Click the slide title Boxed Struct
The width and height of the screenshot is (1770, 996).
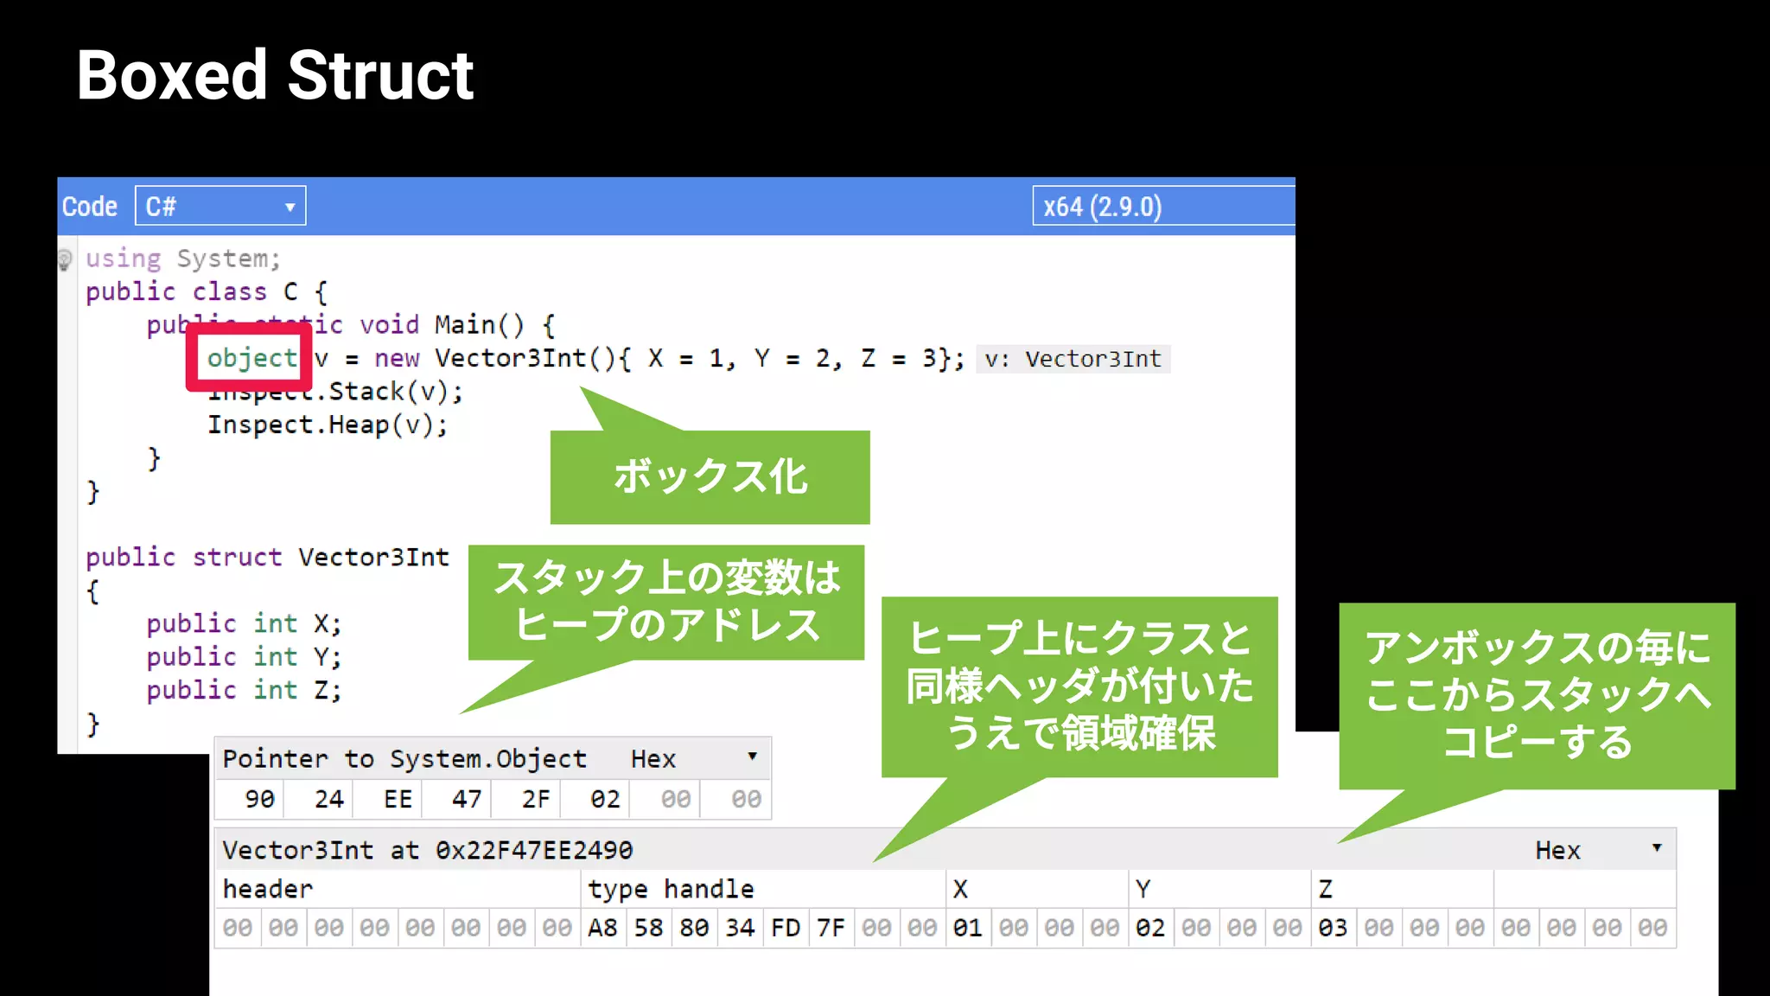click(x=275, y=76)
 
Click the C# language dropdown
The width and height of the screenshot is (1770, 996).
click(x=220, y=207)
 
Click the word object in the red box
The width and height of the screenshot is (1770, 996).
click(x=251, y=358)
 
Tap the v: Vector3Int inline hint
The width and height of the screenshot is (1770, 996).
click(x=1073, y=359)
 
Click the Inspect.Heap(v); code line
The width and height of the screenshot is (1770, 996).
click(x=328, y=425)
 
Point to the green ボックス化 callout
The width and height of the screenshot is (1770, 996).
click(x=710, y=476)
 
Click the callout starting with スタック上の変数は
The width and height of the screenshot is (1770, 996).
click(x=666, y=602)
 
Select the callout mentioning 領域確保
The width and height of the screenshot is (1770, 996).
click(x=1079, y=686)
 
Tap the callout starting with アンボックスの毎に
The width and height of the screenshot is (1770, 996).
click(x=1537, y=695)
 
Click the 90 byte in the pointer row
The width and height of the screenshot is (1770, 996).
click(x=259, y=799)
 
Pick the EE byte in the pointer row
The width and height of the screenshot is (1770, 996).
click(x=398, y=799)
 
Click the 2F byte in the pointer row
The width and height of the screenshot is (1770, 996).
click(x=536, y=799)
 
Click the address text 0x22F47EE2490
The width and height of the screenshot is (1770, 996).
click(x=534, y=851)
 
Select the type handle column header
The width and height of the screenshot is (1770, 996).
click(x=671, y=889)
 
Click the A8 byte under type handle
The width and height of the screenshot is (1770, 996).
click(x=602, y=929)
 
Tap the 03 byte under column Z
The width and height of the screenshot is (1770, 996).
click(x=1333, y=929)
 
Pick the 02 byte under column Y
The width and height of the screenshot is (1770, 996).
click(x=1150, y=929)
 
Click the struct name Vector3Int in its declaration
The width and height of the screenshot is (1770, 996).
click(x=373, y=558)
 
